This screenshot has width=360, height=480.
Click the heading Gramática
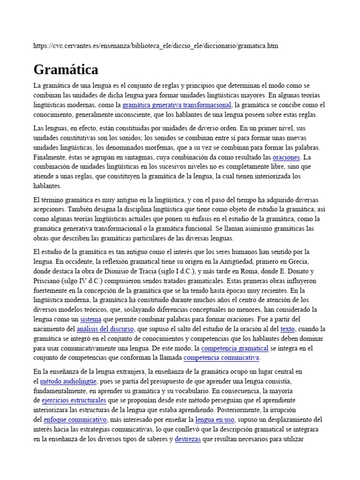(66, 70)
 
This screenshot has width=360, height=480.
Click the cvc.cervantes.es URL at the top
(156, 45)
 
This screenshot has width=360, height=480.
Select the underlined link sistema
(90, 319)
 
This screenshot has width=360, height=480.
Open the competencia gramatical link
(234, 348)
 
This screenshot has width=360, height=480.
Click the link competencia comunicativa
(221, 358)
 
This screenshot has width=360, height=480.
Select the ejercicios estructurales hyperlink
(74, 401)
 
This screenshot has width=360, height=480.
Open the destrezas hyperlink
(187, 439)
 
